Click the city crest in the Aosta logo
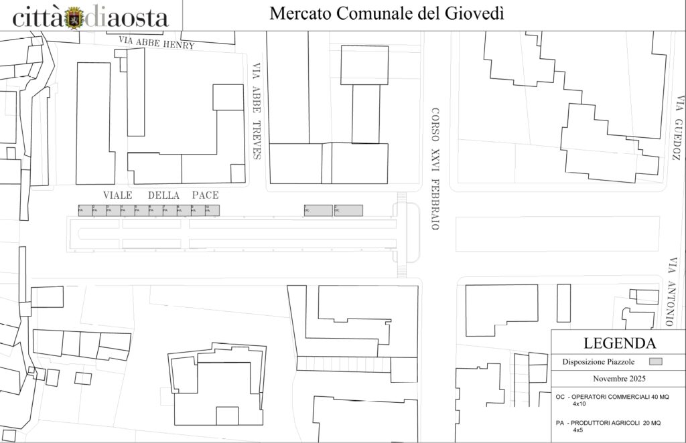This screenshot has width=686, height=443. click(x=76, y=17)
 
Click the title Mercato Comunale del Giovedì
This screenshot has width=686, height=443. click(x=387, y=14)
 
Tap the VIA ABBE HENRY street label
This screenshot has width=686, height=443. click(x=156, y=43)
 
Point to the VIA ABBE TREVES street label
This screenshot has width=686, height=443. click(x=255, y=111)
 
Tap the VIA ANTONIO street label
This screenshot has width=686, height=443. click(x=670, y=292)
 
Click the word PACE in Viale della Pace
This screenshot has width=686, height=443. click(x=205, y=195)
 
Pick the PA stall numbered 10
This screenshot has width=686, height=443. click(x=212, y=211)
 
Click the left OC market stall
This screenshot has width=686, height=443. click(x=318, y=211)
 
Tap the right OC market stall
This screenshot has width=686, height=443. click(x=348, y=211)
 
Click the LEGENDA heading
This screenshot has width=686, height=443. click(x=619, y=344)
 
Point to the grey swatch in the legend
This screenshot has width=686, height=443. click(x=656, y=361)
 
